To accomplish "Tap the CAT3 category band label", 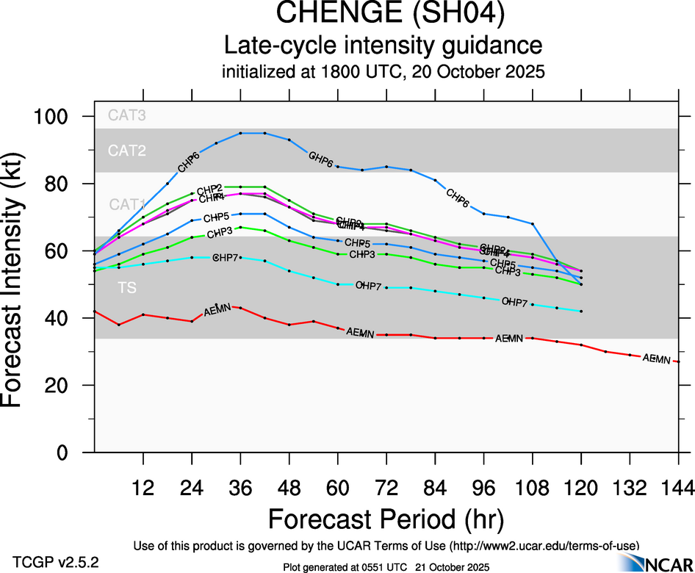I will click(x=127, y=115).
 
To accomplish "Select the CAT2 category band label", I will click(x=127, y=151).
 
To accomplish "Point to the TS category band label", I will click(x=127, y=288).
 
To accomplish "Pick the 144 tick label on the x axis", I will click(x=677, y=487).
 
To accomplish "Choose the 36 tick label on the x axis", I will click(x=240, y=487).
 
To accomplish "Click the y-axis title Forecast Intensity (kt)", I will click(x=22, y=284).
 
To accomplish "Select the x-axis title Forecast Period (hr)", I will click(x=386, y=519).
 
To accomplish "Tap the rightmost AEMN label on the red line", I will click(x=656, y=358).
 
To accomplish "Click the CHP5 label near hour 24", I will click(x=216, y=217).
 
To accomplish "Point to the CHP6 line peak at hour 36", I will click(x=240, y=133).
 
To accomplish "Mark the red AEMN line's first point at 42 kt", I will click(x=95, y=311).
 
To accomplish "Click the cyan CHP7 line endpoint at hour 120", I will click(x=581, y=311).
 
